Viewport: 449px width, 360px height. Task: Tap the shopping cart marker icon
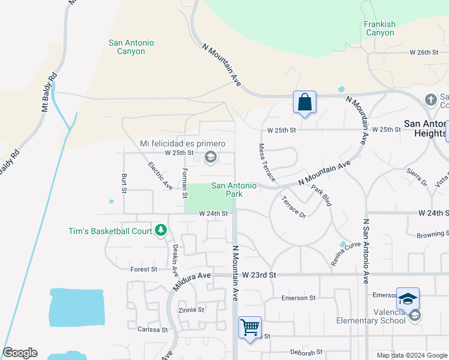pos(250,328)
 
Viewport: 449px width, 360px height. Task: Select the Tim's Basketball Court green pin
pos(161,230)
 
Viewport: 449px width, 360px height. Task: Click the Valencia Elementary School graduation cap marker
pos(408,299)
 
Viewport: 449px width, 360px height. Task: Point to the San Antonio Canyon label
pos(131,47)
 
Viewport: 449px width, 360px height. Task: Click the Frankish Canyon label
pos(380,28)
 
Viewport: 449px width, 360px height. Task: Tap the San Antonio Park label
pos(234,190)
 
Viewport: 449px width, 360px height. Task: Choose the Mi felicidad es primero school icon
pos(210,158)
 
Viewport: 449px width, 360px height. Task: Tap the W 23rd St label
pos(259,274)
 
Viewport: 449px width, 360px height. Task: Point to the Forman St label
pos(185,182)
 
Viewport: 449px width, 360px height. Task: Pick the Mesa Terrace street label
pos(267,162)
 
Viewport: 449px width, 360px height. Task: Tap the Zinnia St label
pos(191,310)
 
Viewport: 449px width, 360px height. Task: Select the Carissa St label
pos(152,329)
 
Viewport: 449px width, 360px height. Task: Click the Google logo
pos(20,353)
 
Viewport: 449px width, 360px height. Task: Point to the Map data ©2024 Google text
pos(411,355)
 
